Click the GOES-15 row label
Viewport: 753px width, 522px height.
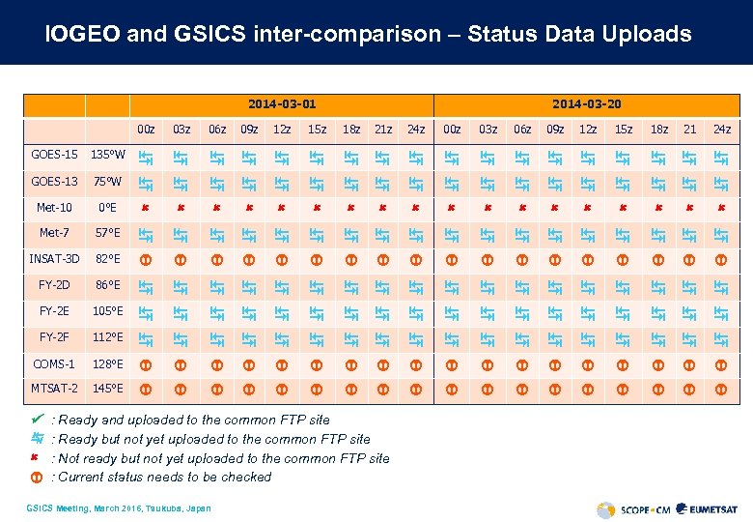point(54,155)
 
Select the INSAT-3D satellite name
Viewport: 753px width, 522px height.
point(54,259)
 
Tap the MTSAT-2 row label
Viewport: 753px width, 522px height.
point(54,389)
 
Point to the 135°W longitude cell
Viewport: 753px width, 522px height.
point(106,155)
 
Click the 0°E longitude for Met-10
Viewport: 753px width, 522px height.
point(107,207)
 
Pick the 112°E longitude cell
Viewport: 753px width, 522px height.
point(107,337)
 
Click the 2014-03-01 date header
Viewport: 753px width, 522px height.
point(282,103)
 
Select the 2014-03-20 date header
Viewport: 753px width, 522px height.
point(586,103)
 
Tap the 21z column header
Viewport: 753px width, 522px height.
point(383,130)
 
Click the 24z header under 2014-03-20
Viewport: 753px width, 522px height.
point(721,130)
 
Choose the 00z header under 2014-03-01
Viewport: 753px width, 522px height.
point(146,130)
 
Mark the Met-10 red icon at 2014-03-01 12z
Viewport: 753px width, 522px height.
point(281,208)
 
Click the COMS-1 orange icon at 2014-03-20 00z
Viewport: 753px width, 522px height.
point(451,363)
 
